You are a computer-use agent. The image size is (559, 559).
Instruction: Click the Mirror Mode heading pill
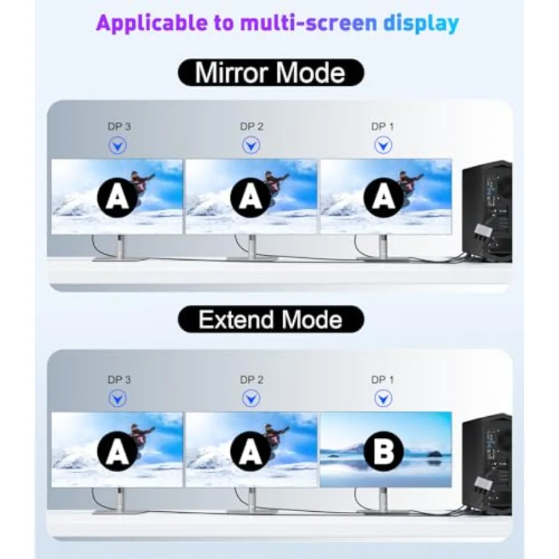tap(271, 73)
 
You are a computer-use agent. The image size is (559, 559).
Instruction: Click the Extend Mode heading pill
tap(271, 319)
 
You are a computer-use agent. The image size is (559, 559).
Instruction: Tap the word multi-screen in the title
tap(309, 23)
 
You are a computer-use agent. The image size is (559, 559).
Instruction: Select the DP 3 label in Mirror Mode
tap(119, 127)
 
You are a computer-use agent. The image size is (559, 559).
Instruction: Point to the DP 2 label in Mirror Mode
tap(252, 127)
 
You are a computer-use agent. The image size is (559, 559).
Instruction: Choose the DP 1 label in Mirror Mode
tap(383, 127)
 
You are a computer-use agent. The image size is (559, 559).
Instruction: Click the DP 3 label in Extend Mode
tap(119, 379)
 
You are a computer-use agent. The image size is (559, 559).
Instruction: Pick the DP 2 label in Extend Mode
tap(252, 379)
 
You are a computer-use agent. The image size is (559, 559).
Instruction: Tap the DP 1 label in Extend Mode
tap(383, 379)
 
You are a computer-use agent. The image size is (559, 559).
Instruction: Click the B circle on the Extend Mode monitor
tap(384, 451)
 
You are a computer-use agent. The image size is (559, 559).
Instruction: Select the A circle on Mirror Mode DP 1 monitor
tap(384, 198)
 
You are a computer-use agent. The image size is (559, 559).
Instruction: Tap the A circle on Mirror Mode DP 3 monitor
tap(117, 198)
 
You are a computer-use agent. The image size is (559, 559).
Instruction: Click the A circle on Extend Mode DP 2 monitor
tap(251, 451)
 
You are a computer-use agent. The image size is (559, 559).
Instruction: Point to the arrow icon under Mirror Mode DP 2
tap(252, 145)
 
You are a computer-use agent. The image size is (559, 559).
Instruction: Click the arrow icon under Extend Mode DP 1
tap(383, 399)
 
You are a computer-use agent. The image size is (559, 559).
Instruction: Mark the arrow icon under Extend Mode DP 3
tap(117, 399)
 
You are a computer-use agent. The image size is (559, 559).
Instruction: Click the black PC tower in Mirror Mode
tap(487, 212)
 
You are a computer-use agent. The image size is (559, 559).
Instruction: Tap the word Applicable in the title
tap(152, 23)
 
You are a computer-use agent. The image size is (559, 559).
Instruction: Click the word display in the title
tap(421, 23)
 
